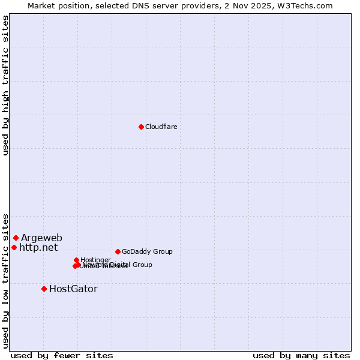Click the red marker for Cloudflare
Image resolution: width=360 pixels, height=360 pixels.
pyautogui.click(x=141, y=127)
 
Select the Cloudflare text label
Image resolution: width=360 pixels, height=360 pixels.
pyautogui.click(x=161, y=127)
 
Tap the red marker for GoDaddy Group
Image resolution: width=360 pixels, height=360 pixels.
pyautogui.click(x=118, y=251)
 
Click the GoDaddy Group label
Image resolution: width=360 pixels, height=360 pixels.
pyautogui.click(x=146, y=251)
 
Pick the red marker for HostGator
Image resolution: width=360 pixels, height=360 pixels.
pyautogui.click(x=44, y=289)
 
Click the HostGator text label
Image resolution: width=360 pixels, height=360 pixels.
pyautogui.click(x=73, y=289)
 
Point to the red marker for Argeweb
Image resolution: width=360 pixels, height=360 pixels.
pyautogui.click(x=16, y=238)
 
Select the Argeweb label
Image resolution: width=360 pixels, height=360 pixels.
pyautogui.click(x=41, y=238)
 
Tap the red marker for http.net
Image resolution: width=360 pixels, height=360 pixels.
pyautogui.click(x=14, y=247)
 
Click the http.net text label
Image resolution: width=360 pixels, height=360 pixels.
pyautogui.click(x=38, y=247)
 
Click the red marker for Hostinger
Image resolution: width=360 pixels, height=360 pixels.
pyautogui.click(x=76, y=260)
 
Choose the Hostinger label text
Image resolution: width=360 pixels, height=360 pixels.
pyautogui.click(x=95, y=260)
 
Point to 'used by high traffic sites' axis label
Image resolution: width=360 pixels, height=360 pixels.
pyautogui.click(x=5, y=85)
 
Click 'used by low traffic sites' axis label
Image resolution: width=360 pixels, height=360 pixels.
pyautogui.click(x=5, y=280)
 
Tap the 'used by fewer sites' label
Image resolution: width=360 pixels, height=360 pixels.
pyautogui.click(x=61, y=355)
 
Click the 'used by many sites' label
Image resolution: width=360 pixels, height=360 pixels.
pyautogui.click(x=301, y=355)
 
